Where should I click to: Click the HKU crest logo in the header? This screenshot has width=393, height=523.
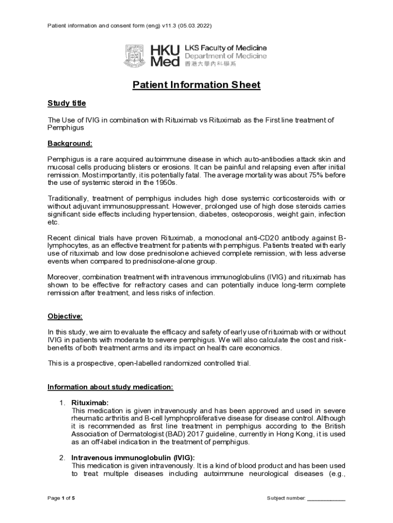click(x=135, y=56)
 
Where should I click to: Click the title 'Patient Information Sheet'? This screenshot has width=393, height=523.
click(x=196, y=85)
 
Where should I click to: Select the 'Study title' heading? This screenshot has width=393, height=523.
click(x=67, y=104)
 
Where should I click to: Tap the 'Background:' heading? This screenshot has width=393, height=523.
click(x=70, y=144)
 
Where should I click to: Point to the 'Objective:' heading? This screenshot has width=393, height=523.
click(x=65, y=316)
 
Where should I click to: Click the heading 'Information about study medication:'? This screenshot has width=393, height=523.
click(x=111, y=387)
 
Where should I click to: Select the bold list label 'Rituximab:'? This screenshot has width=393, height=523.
click(x=90, y=403)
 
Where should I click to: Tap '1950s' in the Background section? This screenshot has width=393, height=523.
click(x=164, y=182)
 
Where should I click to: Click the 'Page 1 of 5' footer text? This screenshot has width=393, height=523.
click(x=61, y=498)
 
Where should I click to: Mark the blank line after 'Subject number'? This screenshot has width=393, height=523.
click(x=327, y=498)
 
